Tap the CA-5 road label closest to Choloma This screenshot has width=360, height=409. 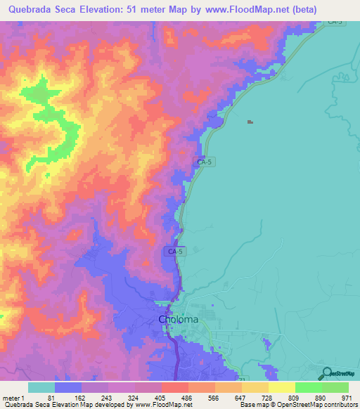176,251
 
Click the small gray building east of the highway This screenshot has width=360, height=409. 250,122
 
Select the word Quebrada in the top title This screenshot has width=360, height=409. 31,10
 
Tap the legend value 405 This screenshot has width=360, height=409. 161,397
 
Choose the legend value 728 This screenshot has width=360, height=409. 268,397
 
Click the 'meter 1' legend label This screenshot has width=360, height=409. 13,397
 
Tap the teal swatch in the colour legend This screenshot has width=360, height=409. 41,387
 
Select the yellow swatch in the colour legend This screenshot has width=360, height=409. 281,387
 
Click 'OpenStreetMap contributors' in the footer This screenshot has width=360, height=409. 321,405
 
